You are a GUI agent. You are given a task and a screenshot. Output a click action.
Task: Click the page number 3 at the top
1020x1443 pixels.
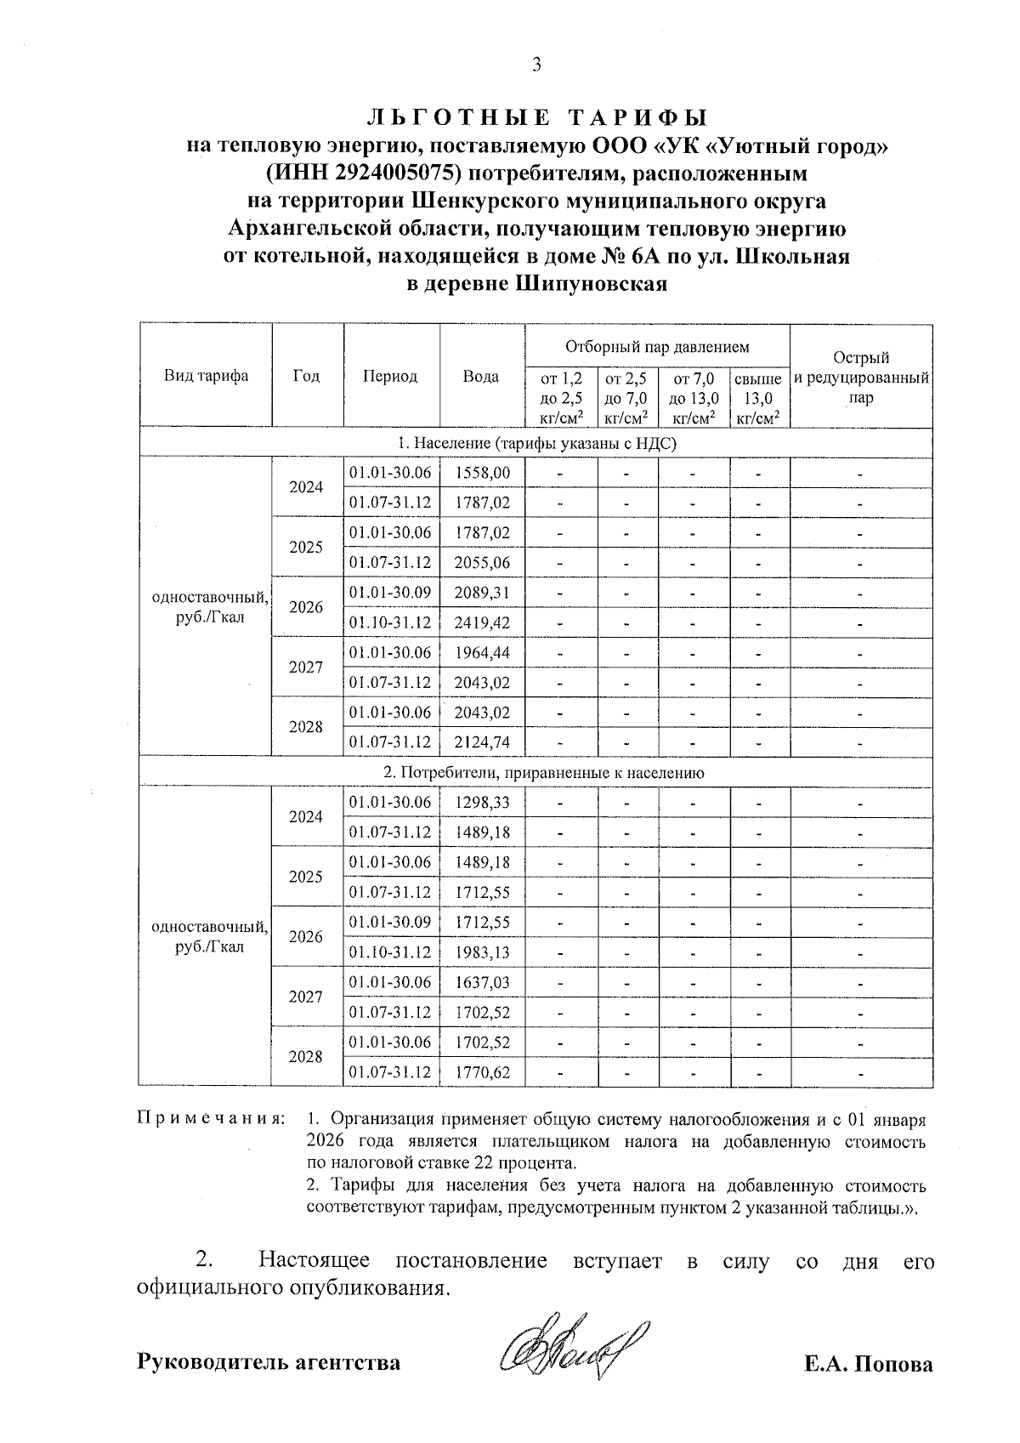click(535, 65)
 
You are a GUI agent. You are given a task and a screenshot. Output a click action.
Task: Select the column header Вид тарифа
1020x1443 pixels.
click(206, 376)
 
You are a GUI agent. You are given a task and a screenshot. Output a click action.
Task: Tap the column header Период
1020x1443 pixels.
click(390, 376)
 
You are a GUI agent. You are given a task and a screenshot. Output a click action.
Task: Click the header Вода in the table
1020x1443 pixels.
click(481, 376)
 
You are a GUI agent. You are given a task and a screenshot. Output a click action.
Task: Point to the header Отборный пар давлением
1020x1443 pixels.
click(657, 346)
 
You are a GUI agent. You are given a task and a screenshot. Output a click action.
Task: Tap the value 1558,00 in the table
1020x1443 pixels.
click(482, 473)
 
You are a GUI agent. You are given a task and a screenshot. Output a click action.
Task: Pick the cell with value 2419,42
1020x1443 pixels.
click(482, 622)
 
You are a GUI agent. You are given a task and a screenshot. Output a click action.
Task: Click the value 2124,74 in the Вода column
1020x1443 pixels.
click(482, 742)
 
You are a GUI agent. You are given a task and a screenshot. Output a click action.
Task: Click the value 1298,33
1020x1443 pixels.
click(482, 802)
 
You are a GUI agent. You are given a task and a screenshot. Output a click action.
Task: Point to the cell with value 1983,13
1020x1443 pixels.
click(482, 952)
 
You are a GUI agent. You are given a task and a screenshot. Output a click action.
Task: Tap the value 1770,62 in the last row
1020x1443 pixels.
click(482, 1072)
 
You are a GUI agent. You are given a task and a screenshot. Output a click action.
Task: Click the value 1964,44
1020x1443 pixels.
click(482, 652)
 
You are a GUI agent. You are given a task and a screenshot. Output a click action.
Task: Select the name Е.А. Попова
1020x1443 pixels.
click(869, 1365)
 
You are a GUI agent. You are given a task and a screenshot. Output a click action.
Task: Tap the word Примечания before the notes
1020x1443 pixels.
click(209, 1118)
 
